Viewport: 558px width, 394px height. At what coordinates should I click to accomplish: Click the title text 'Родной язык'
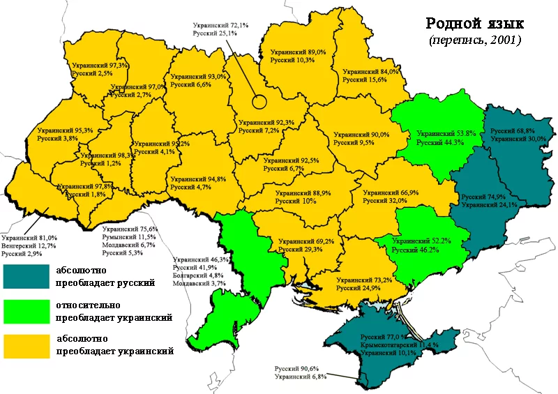pos(474,24)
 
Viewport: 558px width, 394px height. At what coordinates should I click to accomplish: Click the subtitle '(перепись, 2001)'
pos(474,40)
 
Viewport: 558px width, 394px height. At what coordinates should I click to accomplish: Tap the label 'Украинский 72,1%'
pos(220,25)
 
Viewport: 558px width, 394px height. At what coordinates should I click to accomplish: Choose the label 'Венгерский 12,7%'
pos(29,245)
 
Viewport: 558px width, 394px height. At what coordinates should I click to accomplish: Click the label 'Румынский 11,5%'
pos(130,237)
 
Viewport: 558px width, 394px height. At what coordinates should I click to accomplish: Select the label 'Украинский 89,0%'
pos(299,52)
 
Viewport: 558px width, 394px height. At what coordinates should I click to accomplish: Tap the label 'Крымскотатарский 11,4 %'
pos(399,345)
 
